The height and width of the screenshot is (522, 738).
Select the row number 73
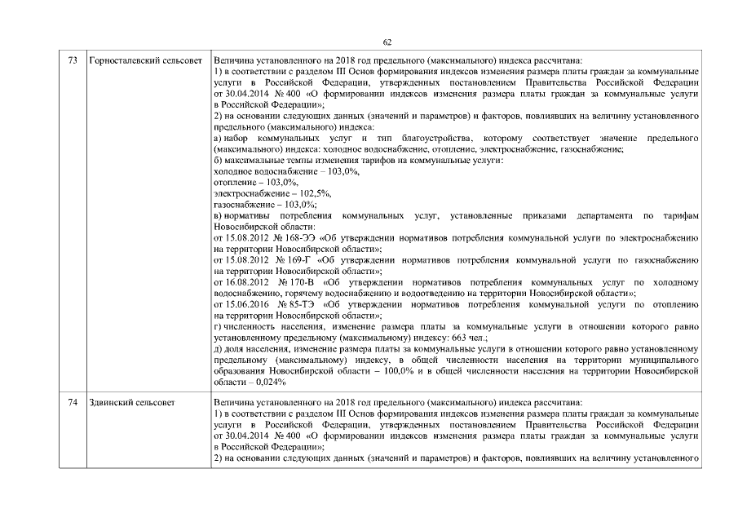[x=73, y=61]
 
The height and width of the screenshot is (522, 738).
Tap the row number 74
[x=73, y=403]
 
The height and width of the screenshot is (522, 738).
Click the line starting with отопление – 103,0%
[x=244, y=183]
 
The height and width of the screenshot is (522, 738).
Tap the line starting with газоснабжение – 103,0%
[x=253, y=204]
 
